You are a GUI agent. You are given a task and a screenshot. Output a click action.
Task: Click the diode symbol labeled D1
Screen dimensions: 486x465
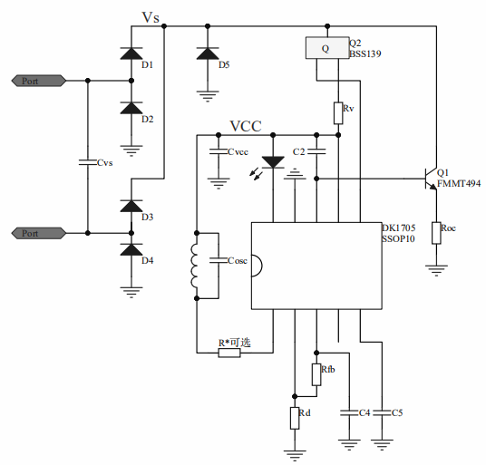click(131, 53)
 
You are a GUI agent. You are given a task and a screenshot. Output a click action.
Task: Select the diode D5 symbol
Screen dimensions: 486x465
click(208, 53)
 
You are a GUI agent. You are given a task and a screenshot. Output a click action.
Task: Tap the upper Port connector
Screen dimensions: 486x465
click(39, 81)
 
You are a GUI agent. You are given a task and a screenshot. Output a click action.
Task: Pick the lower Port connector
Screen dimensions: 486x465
click(39, 233)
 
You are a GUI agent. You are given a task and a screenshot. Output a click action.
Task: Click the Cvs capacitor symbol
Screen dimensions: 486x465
click(88, 162)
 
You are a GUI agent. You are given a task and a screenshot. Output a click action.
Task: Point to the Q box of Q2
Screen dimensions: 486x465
click(327, 48)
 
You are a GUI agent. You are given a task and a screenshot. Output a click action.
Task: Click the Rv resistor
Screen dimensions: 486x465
click(338, 113)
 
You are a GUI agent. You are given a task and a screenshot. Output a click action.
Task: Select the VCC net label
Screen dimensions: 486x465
click(246, 126)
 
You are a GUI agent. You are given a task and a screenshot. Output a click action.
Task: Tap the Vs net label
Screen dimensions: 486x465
click(151, 17)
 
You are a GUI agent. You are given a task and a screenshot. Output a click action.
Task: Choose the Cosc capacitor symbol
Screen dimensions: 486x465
click(219, 260)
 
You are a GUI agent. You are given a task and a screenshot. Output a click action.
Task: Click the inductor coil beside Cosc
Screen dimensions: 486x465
click(194, 266)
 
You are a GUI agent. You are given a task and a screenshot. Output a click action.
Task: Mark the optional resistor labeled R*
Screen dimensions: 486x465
click(229, 353)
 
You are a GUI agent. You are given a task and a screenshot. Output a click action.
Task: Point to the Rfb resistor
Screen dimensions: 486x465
click(316, 375)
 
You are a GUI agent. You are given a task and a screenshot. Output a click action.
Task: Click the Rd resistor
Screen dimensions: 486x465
click(295, 418)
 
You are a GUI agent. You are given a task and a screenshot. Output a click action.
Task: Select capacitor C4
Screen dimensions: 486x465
click(349, 413)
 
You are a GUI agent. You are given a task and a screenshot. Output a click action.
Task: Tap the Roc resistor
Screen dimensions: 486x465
click(436, 233)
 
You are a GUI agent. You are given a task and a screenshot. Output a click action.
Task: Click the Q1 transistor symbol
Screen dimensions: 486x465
click(431, 179)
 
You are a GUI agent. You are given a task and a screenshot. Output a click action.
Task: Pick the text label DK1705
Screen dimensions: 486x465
click(399, 228)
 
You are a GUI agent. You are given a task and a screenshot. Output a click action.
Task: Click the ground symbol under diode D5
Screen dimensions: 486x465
click(208, 96)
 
